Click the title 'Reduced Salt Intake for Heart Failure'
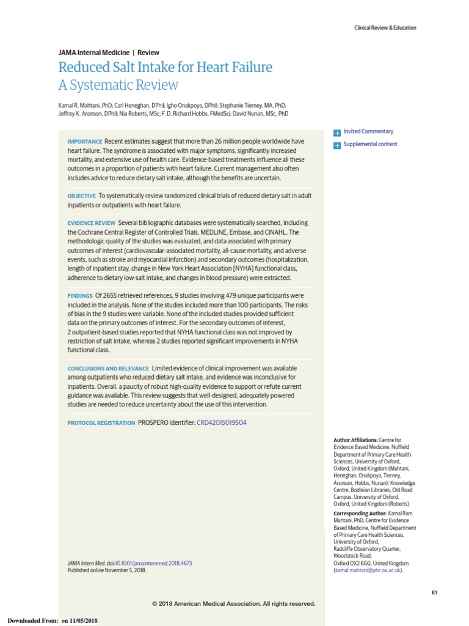point(165,67)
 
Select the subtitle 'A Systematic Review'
point(118,85)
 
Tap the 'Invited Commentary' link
point(368,131)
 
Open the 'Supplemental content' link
point(370,144)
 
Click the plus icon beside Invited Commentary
point(336,132)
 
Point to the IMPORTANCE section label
point(85,142)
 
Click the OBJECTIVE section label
point(82,196)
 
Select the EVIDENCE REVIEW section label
point(91,223)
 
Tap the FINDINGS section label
point(80,295)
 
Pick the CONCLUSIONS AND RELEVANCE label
point(108,369)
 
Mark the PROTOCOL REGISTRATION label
point(101,423)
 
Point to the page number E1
point(434,592)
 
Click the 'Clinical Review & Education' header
point(385,28)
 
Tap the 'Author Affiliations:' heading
point(355,440)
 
